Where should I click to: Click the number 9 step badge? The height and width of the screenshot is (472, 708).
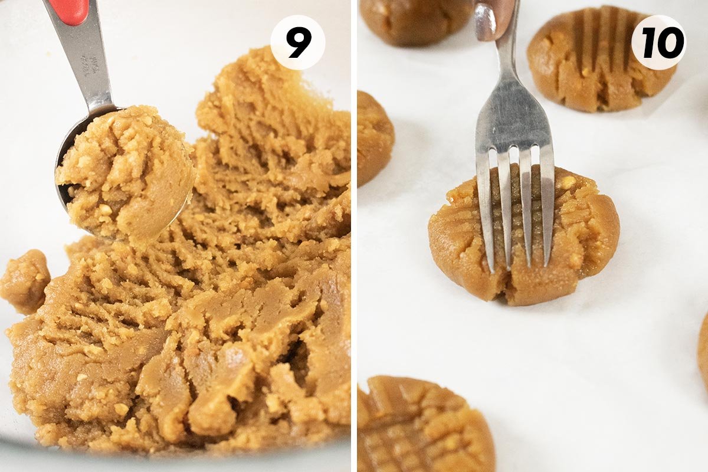coord(297,42)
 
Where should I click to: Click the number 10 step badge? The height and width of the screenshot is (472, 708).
coord(658,42)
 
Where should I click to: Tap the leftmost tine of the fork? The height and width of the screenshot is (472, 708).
coord(486,212)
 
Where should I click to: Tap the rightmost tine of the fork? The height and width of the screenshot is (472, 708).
coord(547,206)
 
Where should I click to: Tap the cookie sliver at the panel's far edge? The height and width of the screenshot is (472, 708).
coord(703,348)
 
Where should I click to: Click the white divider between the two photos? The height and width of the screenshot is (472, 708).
coord(354,236)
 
